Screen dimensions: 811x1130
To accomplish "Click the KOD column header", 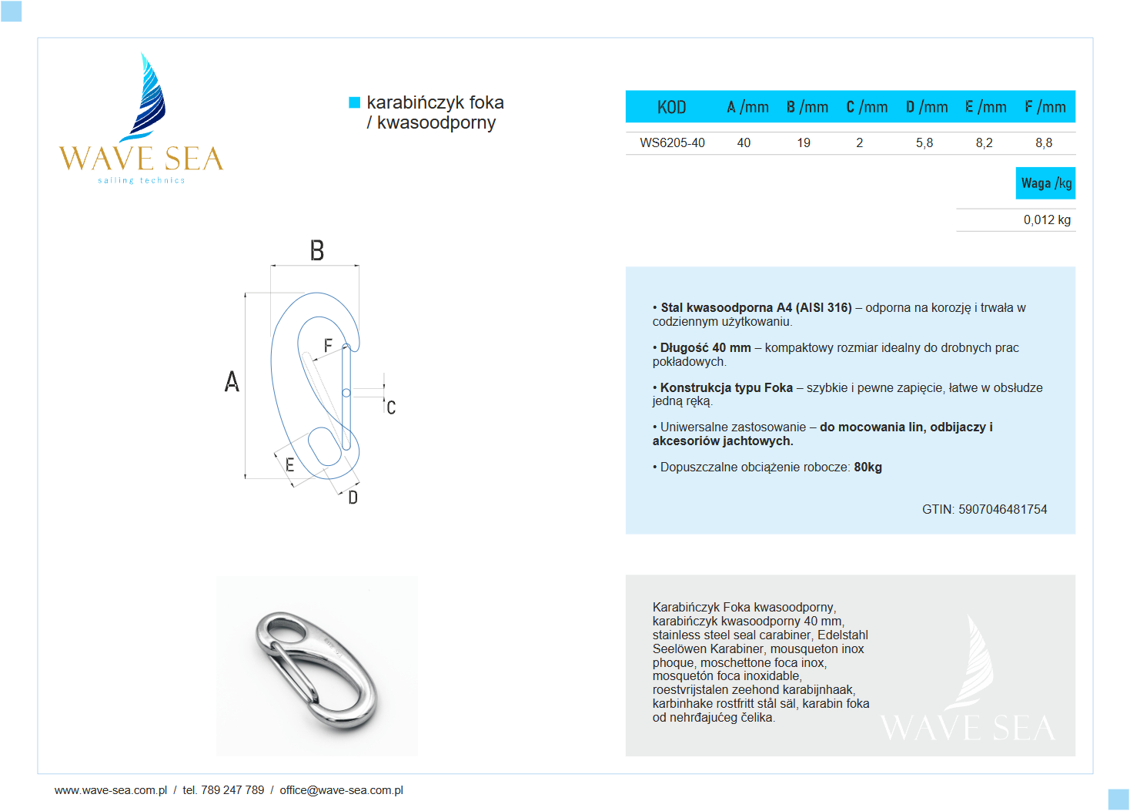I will pos(671,107).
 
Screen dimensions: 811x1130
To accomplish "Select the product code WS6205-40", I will pos(672,142).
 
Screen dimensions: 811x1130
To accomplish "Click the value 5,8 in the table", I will pos(924,142).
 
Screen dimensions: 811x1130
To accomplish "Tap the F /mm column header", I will pos(1045,107).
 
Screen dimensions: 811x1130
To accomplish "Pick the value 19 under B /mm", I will pos(804,142).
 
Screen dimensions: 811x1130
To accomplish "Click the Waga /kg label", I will pos(1045,183).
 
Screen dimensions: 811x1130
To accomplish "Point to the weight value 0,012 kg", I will pos(1046,220).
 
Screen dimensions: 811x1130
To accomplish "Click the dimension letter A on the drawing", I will pos(232,381).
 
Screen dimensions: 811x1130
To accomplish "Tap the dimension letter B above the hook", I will pos(316,251).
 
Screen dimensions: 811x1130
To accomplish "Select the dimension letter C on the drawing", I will pos(391,407).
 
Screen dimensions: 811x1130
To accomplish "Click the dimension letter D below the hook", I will pos(353,498).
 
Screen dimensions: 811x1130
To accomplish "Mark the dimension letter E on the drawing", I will pos(289,464).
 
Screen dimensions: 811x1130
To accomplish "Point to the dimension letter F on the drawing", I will pos(328,346).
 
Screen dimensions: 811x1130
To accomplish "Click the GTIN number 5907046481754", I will pos(1002,509).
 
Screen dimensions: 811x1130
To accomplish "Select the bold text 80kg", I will pos(868,467).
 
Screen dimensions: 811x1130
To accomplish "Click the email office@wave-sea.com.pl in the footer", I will pos(341,790).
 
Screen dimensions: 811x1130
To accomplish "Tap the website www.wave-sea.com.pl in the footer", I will pos(111,790).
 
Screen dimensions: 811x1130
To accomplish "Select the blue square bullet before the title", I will pos(355,102).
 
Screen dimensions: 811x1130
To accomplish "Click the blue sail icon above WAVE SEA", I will pos(148,96).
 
